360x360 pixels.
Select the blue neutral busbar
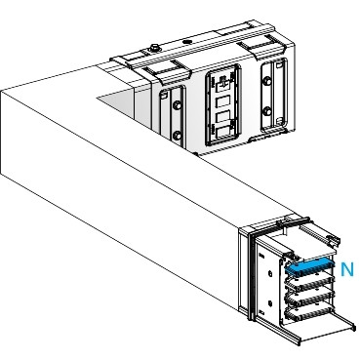tap(310, 263)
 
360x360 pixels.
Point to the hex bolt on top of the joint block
tap(153, 47)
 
